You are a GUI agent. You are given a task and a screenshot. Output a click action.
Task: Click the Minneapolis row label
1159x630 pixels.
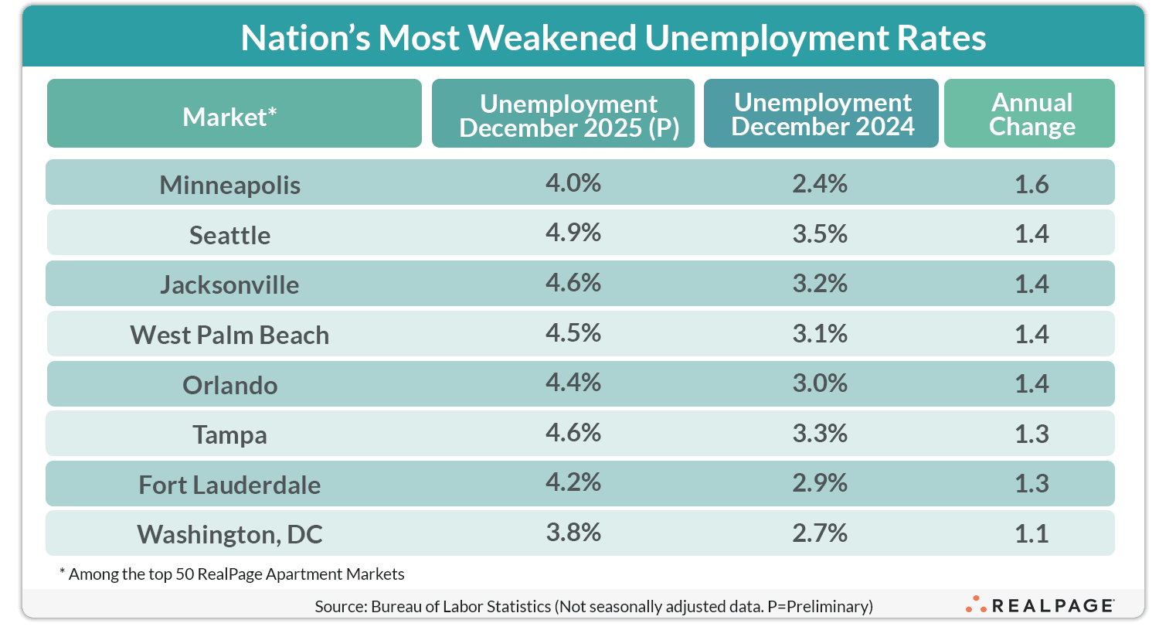tap(229, 185)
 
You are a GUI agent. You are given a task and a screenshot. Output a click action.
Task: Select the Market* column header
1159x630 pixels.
tap(229, 117)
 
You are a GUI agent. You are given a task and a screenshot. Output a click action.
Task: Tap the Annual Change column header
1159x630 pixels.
tap(1032, 114)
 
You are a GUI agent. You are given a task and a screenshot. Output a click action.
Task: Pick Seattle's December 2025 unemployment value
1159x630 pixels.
tap(573, 233)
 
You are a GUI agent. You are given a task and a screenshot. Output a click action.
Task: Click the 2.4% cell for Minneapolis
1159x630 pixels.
tap(819, 183)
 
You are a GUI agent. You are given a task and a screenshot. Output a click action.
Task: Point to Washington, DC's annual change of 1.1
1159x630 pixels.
tap(1032, 533)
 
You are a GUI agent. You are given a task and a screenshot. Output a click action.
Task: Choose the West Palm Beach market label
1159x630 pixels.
tap(229, 335)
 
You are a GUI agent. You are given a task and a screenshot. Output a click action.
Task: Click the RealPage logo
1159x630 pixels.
tap(1039, 605)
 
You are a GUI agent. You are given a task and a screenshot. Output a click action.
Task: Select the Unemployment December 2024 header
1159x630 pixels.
tap(822, 114)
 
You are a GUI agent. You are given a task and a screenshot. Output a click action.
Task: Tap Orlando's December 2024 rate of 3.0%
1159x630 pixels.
tap(819, 383)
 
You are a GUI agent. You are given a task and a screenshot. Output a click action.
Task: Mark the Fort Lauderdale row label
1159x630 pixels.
tap(229, 485)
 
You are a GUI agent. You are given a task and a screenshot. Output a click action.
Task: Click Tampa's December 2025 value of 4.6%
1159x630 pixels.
tap(573, 433)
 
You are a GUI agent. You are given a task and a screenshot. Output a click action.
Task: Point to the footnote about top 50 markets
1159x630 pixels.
tap(232, 574)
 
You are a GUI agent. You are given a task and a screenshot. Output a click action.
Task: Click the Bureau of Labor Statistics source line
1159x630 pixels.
tap(593, 607)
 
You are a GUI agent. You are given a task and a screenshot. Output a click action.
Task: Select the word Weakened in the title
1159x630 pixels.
tap(552, 38)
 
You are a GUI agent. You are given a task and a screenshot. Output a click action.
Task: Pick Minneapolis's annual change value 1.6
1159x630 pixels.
tap(1032, 184)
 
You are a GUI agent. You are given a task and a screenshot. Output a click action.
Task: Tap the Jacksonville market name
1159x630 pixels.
tap(229, 284)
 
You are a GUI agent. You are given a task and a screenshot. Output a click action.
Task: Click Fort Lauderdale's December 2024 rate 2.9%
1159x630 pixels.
tap(819, 483)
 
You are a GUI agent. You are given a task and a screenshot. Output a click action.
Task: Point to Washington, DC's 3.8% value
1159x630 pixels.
tap(573, 533)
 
